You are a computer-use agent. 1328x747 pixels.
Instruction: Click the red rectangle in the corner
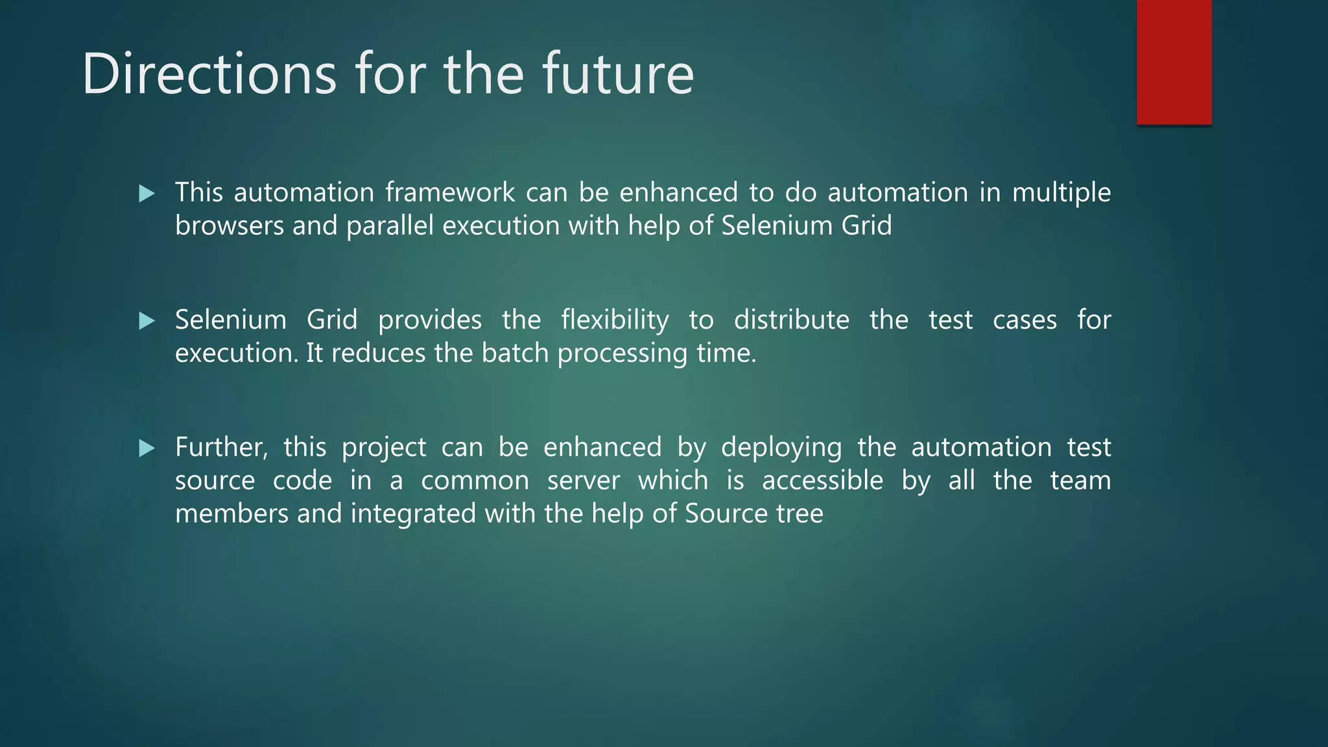(x=1174, y=62)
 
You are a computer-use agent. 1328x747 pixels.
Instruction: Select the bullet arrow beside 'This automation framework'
(x=147, y=193)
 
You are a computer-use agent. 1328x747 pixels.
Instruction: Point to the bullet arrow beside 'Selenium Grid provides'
(x=147, y=320)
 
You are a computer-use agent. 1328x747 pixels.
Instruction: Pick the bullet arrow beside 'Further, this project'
(x=147, y=448)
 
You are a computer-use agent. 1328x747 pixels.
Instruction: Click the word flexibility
(x=615, y=320)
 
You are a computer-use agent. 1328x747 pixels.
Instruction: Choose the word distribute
(x=791, y=320)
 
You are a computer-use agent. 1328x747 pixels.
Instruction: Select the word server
(x=583, y=481)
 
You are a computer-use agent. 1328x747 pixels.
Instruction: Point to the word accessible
(x=822, y=481)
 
